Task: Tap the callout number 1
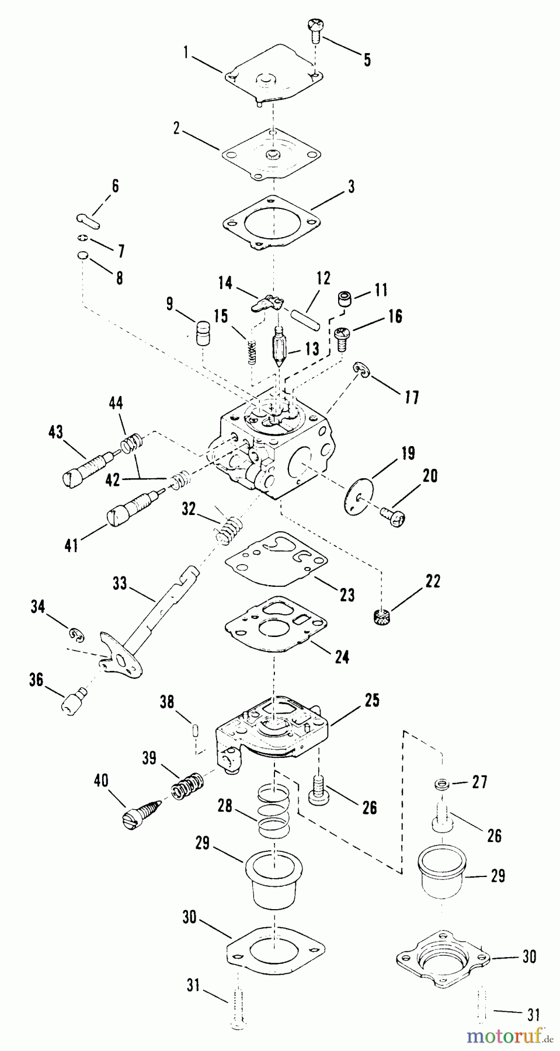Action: (x=185, y=53)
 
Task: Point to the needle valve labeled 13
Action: (x=282, y=349)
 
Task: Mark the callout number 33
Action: (x=120, y=583)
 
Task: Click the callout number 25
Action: (x=372, y=700)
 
